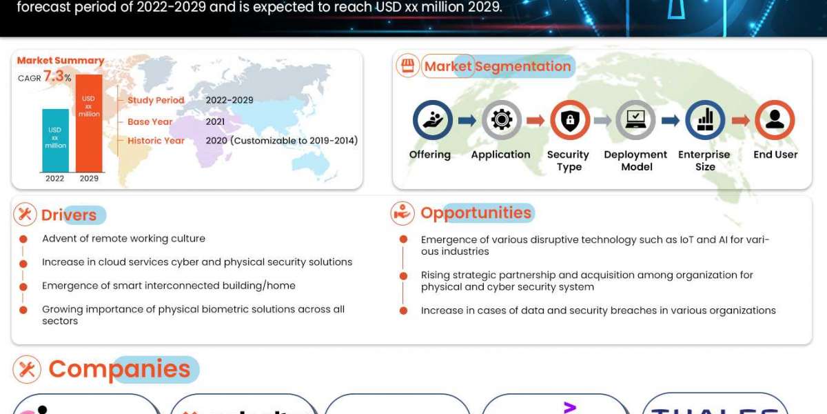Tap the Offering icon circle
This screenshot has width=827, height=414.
coord(432,120)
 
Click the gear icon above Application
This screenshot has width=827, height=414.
coord(501,120)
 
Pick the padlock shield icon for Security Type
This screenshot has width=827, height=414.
coord(569,120)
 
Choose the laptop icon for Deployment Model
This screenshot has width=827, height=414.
coord(635,120)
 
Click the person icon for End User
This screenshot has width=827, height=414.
coord(775,120)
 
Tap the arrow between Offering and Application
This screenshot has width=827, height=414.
coord(467,121)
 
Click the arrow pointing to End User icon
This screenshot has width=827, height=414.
coord(740,121)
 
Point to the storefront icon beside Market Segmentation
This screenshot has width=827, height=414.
coord(407,66)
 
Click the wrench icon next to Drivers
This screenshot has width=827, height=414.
coord(25,215)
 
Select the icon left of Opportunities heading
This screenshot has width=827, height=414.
coord(402,213)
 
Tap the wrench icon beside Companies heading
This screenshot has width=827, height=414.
coord(27,370)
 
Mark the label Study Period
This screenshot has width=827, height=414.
coord(156,100)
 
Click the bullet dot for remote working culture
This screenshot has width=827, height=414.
coord(23,239)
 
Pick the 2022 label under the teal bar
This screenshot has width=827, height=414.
coord(55,179)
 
